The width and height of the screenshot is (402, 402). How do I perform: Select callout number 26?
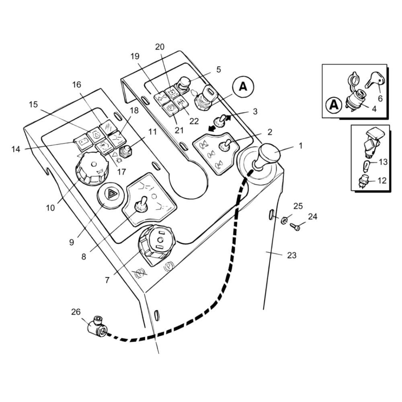(x=76, y=312)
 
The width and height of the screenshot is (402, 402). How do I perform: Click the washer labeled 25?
(x=284, y=220)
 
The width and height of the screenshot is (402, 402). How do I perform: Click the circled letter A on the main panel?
(x=243, y=87)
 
